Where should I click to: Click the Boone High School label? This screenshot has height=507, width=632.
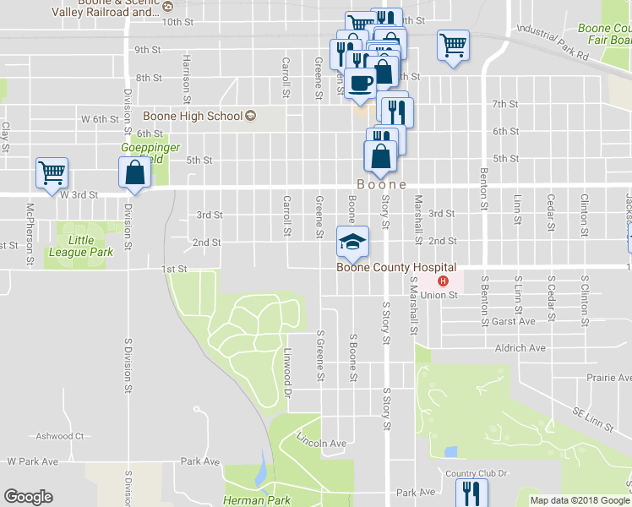pyautogui.click(x=193, y=116)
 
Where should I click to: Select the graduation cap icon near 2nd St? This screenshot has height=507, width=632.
pyautogui.click(x=352, y=242)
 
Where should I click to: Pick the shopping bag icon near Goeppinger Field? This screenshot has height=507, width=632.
pyautogui.click(x=135, y=172)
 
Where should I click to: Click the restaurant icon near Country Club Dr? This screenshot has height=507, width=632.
pyautogui.click(x=471, y=492)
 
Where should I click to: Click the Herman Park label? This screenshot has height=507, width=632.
pyautogui.click(x=257, y=500)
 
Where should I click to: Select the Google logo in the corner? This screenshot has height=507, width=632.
pyautogui.click(x=28, y=497)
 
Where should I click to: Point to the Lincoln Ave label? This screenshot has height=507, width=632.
pyautogui.click(x=321, y=440)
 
